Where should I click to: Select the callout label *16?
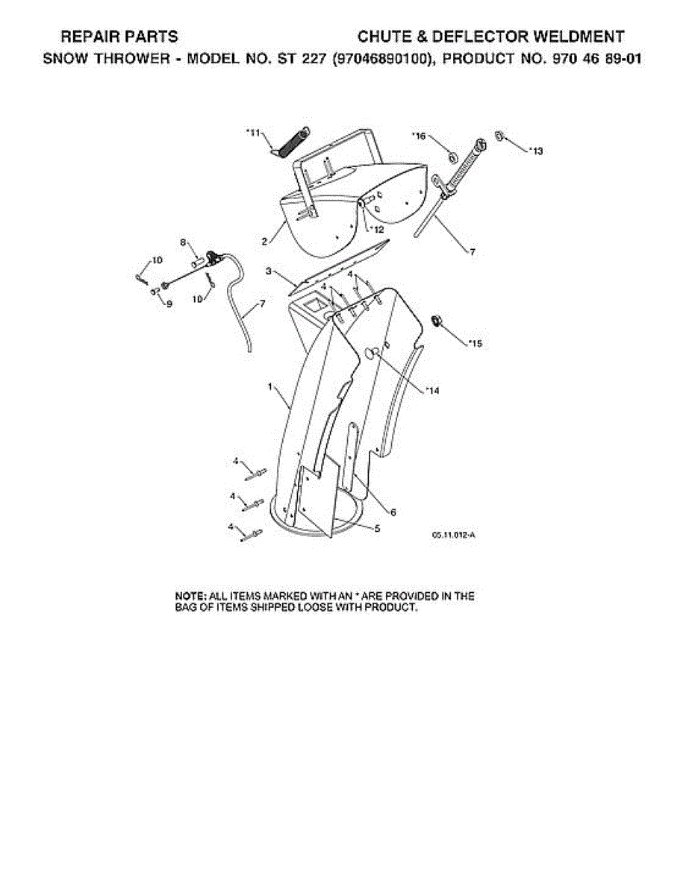pyautogui.click(x=419, y=136)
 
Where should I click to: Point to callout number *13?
pyautogui.click(x=534, y=151)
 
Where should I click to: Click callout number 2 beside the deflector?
pyautogui.click(x=264, y=242)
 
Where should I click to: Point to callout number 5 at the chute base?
pyautogui.click(x=378, y=528)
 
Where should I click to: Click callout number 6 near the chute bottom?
pyautogui.click(x=393, y=512)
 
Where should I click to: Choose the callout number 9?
pyautogui.click(x=169, y=304)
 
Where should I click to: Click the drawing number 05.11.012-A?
pyautogui.click(x=453, y=534)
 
